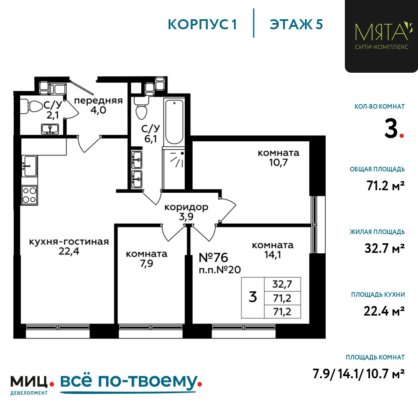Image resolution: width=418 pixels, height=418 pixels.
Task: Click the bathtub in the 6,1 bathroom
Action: (x=174, y=122)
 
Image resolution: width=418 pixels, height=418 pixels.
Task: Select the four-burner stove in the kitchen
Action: (x=29, y=195)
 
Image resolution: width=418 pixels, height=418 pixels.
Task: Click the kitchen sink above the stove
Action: (x=30, y=166)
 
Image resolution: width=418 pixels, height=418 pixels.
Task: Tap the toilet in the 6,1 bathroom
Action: (x=141, y=108)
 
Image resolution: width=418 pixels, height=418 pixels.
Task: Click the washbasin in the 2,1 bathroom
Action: (x=50, y=129)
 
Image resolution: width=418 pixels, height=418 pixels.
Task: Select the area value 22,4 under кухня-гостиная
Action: (x=69, y=251)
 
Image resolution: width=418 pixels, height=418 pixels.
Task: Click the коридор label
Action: (x=186, y=207)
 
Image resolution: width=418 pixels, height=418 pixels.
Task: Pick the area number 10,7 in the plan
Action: (x=278, y=162)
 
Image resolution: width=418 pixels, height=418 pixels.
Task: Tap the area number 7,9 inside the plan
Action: (x=146, y=263)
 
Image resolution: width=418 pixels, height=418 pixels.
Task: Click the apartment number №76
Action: (x=214, y=257)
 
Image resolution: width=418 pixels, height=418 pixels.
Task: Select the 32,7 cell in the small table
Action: (x=282, y=284)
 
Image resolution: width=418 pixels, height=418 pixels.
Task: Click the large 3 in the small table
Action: (x=253, y=297)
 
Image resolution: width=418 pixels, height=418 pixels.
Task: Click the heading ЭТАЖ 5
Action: (x=296, y=24)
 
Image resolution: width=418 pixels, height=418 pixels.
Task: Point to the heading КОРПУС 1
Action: (x=202, y=25)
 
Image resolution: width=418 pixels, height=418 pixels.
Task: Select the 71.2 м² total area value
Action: (x=385, y=186)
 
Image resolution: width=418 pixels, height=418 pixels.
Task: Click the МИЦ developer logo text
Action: (x=29, y=382)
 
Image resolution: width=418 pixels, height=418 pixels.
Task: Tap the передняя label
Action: (x=98, y=100)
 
